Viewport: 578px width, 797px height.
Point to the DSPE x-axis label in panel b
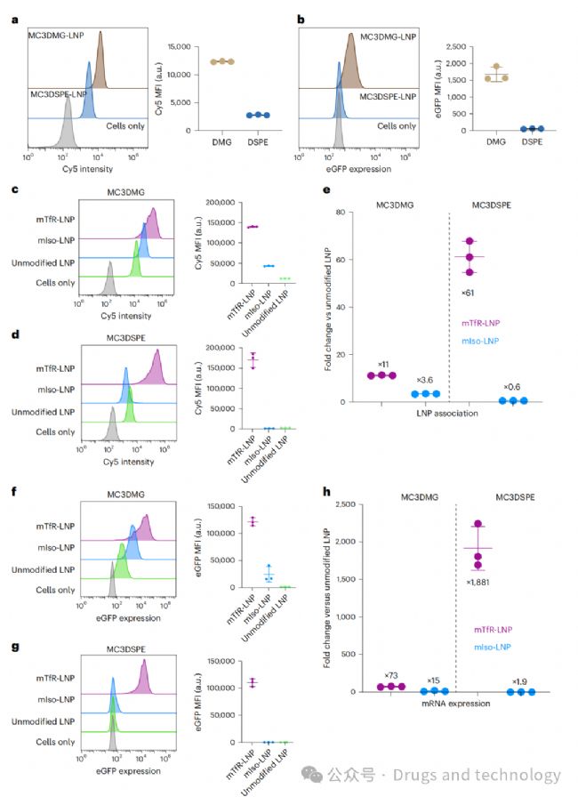point(533,142)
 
